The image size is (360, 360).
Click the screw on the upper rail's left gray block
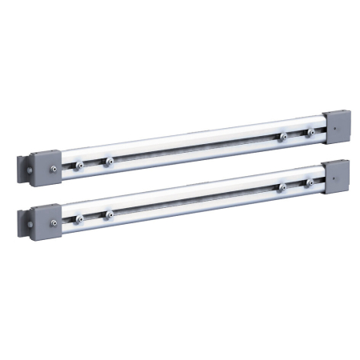tap(53, 170)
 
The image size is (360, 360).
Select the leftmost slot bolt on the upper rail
tap(78, 166)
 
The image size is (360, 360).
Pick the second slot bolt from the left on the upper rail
tap(110, 162)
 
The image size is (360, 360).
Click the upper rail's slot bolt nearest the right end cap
tap(310, 132)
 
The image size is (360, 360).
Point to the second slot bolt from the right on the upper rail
tap(282, 136)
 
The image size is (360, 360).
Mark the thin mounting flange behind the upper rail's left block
tap(23, 168)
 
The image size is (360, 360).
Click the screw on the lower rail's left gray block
tap(53, 222)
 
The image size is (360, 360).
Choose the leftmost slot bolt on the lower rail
tap(78, 218)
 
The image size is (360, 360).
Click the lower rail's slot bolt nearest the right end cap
tap(310, 183)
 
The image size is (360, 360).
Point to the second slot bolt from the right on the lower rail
tap(282, 187)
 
